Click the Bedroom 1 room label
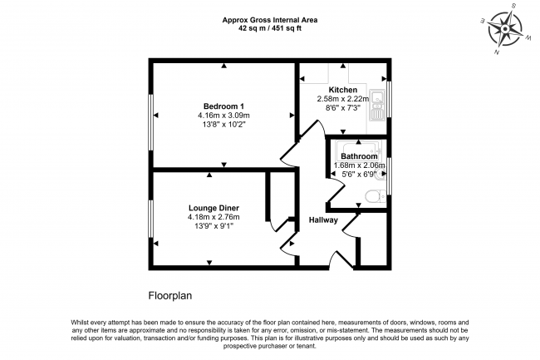point(223,106)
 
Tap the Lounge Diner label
point(214,208)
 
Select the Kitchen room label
point(342,90)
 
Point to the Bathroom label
point(359,156)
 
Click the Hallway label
point(323,220)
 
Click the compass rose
point(505,28)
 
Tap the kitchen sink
point(377,105)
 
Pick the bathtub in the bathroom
point(359,149)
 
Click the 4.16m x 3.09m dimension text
point(223,115)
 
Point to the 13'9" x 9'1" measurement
point(214,226)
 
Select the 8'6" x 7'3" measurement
point(342,108)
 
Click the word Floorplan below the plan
point(170,296)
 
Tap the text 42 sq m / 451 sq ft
point(270,28)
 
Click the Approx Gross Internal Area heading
point(270,20)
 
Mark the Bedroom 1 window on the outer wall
point(151,122)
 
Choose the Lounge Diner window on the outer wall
point(151,219)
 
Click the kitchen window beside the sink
point(389,99)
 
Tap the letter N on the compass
point(497,52)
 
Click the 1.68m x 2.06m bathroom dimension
point(359,165)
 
